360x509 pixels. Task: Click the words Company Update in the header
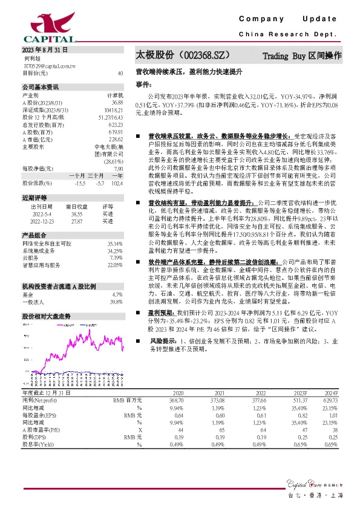tap(290, 19)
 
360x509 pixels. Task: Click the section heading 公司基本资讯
tap(41, 87)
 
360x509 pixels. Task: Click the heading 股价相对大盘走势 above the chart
tap(47, 299)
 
